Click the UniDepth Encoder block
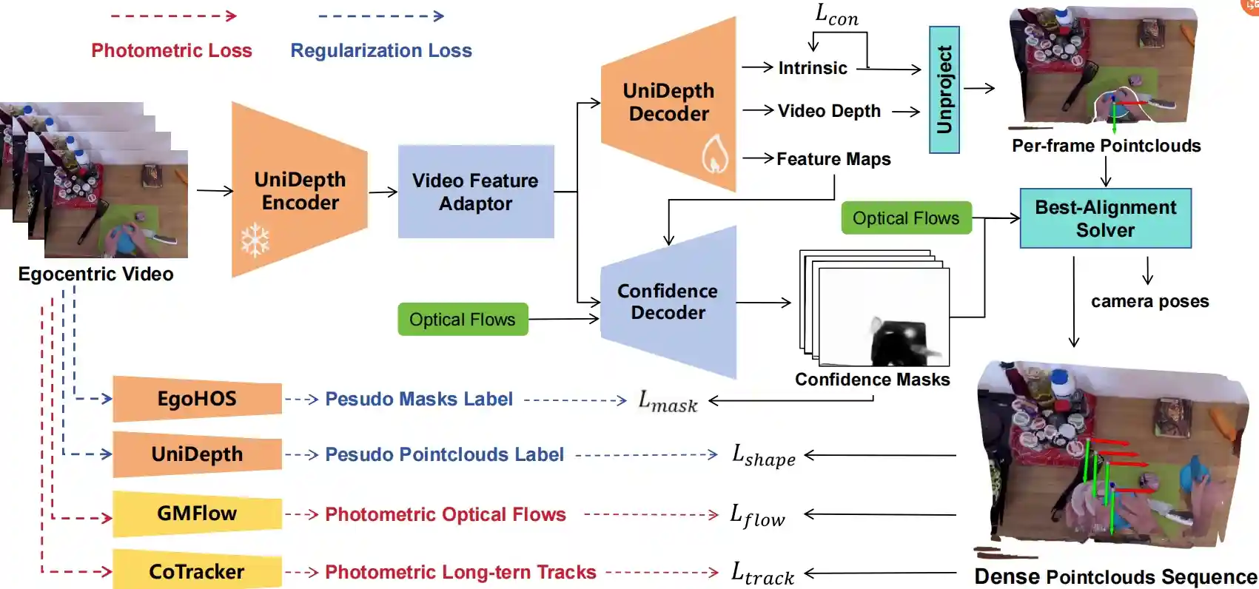pyautogui.click(x=300, y=191)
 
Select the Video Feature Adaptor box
pyautogui.click(x=475, y=192)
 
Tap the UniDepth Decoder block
pyautogui.click(x=668, y=102)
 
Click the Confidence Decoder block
pyautogui.click(x=668, y=302)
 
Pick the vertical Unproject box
pyautogui.click(x=944, y=90)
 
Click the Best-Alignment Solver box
pyautogui.click(x=1105, y=218)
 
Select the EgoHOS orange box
pyautogui.click(x=197, y=399)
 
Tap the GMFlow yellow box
pyautogui.click(x=197, y=514)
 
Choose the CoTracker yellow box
pyautogui.click(x=197, y=571)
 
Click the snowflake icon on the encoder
pyautogui.click(x=255, y=240)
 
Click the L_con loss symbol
pyautogui.click(x=836, y=15)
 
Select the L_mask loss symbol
pyautogui.click(x=668, y=402)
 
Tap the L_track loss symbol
pyautogui.click(x=762, y=573)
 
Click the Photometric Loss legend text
pyautogui.click(x=172, y=50)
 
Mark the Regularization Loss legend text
pyautogui.click(x=380, y=50)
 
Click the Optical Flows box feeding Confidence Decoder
pyautogui.click(x=463, y=320)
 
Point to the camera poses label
pyautogui.click(x=1149, y=301)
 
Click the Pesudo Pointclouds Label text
pyautogui.click(x=444, y=454)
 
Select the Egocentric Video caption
pyautogui.click(x=95, y=274)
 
